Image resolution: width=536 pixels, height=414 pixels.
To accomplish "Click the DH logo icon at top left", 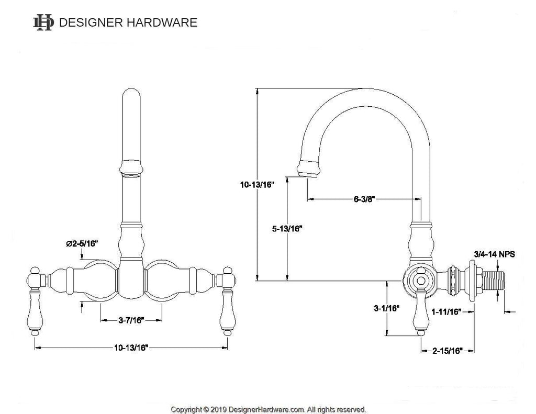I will (43, 22).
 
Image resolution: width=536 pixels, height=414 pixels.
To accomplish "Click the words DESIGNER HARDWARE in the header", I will (128, 23).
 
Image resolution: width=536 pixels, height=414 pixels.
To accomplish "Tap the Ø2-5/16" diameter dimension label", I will (82, 243).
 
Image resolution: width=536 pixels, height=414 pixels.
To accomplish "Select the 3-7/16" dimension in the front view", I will (130, 320).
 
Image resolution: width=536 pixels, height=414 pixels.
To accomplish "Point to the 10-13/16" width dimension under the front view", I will (130, 348).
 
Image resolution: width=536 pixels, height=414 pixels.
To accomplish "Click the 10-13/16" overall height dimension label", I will (258, 184).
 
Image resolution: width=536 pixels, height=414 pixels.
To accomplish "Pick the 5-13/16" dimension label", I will (286, 229).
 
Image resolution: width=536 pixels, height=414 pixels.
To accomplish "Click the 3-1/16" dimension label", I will (387, 309).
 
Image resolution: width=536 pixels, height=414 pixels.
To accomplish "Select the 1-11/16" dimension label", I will (445, 312).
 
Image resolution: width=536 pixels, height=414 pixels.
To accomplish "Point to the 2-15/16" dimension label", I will (447, 351).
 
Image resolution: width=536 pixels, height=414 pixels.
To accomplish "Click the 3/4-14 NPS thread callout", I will (494, 254).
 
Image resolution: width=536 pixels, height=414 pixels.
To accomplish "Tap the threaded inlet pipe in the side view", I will (492, 283).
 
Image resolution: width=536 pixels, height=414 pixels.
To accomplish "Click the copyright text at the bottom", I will (268, 409).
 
